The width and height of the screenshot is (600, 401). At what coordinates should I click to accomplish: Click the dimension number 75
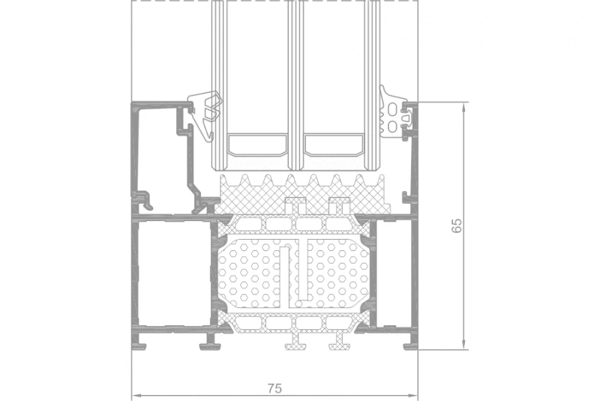pos(274,388)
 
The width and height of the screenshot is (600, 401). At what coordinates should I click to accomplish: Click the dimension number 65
pos(457,226)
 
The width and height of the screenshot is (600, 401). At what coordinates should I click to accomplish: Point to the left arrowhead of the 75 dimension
pos(137,396)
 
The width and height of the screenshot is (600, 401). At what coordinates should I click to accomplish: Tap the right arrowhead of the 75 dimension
pos(413,396)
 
